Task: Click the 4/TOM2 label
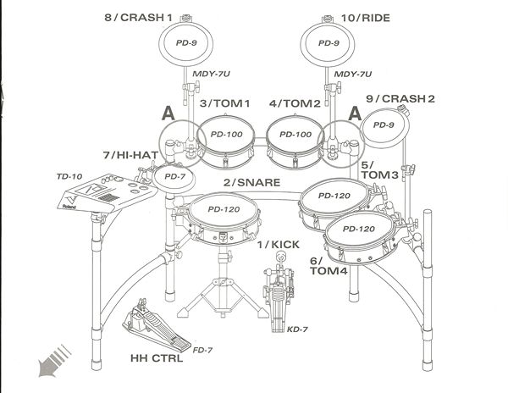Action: point(295,103)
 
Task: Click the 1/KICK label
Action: point(279,245)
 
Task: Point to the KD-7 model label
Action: point(297,329)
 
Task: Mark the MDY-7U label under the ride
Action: point(354,75)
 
